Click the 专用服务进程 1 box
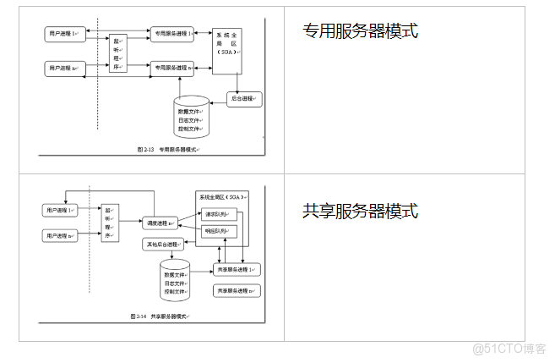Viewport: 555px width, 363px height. pos(173,34)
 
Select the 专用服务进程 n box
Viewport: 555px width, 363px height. pos(173,66)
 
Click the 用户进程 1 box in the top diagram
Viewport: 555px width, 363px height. pos(63,34)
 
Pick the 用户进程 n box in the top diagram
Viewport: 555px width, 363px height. pos(63,66)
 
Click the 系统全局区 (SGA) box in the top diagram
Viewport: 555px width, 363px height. pos(227,51)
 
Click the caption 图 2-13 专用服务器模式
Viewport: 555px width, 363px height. pos(167,149)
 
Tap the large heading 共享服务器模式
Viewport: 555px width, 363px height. pos(361,211)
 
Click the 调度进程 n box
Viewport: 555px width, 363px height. pos(160,223)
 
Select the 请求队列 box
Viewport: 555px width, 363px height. pos(220,214)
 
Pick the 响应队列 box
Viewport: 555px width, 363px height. pos(220,230)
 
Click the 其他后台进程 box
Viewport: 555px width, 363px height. pos(162,245)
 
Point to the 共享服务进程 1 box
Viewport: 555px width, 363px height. pos(237,269)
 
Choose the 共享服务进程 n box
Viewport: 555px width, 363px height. pos(237,290)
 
